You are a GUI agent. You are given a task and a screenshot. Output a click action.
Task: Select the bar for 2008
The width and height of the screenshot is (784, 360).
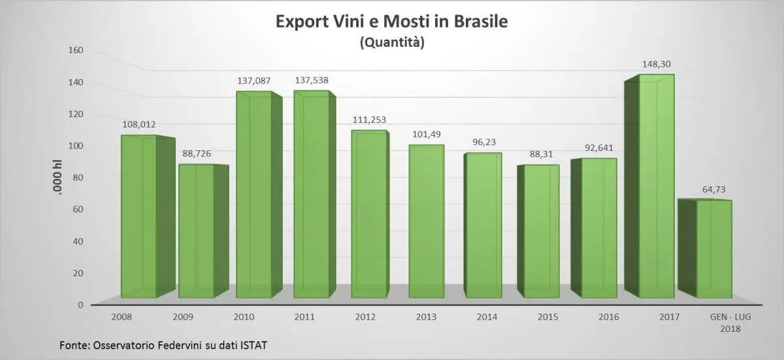(x=139, y=216)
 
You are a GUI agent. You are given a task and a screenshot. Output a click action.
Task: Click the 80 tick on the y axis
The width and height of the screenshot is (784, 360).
(x=78, y=177)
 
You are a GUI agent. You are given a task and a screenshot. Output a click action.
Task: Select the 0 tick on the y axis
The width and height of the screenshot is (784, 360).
(x=80, y=304)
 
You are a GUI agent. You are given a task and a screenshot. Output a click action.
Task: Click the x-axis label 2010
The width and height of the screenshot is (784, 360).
(x=244, y=317)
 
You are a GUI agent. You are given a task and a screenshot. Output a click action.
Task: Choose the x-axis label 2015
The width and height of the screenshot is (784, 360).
(x=547, y=317)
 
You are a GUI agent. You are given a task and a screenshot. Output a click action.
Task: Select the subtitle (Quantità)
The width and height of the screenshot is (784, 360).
(x=392, y=43)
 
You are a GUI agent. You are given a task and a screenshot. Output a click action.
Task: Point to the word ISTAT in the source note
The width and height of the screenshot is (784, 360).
(x=252, y=345)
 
